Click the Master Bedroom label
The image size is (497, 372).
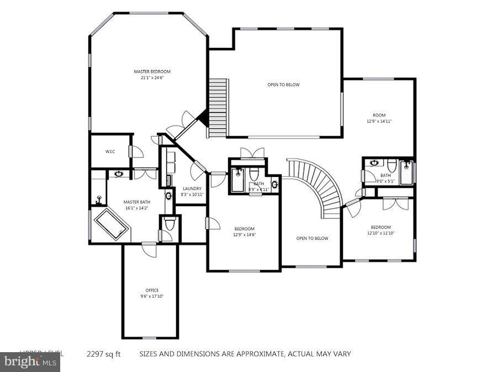(x=152, y=72)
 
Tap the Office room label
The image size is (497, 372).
(x=152, y=290)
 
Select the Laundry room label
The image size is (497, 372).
(x=192, y=188)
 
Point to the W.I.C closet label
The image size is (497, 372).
(x=110, y=152)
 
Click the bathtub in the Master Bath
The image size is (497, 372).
(x=112, y=223)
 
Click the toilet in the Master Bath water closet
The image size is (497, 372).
(x=170, y=225)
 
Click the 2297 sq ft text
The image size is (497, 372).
(x=103, y=354)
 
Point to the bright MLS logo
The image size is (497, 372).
(x=30, y=362)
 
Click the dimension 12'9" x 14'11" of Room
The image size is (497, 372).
(x=379, y=121)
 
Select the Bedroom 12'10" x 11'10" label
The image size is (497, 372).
(x=380, y=230)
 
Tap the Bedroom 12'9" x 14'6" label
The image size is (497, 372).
(x=244, y=231)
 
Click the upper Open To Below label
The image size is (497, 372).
(x=283, y=85)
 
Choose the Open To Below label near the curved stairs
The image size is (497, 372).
(x=312, y=239)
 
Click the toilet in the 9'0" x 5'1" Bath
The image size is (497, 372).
(x=392, y=164)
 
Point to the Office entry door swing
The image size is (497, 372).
(x=149, y=250)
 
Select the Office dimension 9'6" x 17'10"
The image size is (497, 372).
(x=152, y=296)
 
